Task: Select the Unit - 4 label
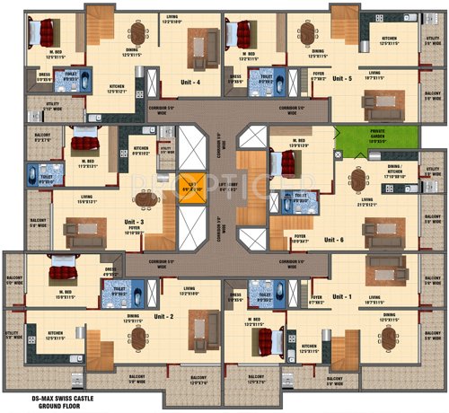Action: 188,83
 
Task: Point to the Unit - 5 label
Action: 341,79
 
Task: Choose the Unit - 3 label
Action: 136,222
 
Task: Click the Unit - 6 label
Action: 335,240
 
